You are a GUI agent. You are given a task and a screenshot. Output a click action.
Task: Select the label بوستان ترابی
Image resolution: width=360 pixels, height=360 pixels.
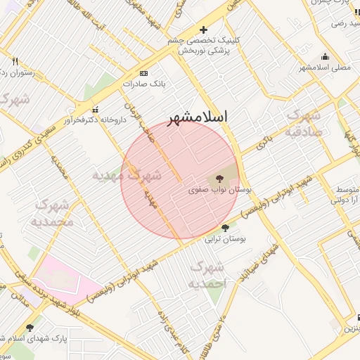[x=225, y=239]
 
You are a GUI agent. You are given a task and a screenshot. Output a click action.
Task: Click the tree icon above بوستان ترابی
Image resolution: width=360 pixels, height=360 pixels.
[x=225, y=228]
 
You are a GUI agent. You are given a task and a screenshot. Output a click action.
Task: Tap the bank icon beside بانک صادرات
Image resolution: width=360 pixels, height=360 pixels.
[x=144, y=73]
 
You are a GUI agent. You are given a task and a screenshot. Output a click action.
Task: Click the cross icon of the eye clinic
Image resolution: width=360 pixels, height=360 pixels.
[x=204, y=30]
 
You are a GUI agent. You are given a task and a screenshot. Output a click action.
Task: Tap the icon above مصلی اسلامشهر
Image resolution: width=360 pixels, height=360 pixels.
[x=324, y=57]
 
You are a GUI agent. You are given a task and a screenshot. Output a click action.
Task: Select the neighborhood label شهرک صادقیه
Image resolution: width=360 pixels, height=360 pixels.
[x=304, y=124]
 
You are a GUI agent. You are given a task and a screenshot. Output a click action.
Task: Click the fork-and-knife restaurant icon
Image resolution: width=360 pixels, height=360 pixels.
[x=15, y=61]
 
